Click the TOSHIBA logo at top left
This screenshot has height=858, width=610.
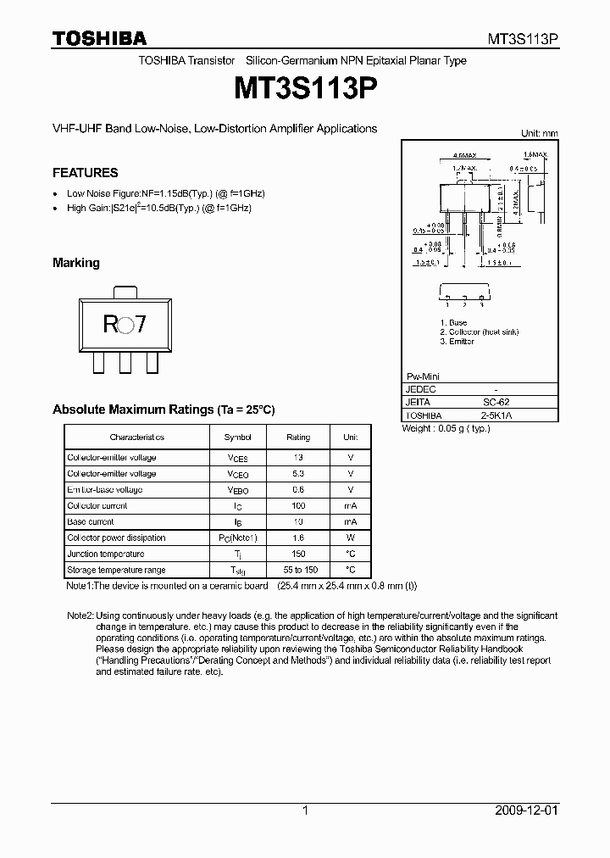pos(99,37)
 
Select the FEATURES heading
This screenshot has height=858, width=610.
pos(85,173)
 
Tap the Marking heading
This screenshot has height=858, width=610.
pos(76,263)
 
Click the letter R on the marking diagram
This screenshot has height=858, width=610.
pos(110,326)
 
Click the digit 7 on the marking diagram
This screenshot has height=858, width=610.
pos(141,326)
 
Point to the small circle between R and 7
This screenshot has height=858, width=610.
pos(125,326)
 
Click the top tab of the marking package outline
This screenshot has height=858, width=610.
pos(125,291)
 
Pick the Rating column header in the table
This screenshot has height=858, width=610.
pos(298,437)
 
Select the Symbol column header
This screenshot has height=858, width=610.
pos(237,437)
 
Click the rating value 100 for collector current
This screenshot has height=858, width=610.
pos(298,506)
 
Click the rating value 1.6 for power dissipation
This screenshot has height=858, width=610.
pos(298,538)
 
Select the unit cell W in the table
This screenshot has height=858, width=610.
pos(350,538)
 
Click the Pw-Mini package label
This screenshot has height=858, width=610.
pos(424,376)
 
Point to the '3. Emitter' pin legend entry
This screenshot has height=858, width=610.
pos(458,342)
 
